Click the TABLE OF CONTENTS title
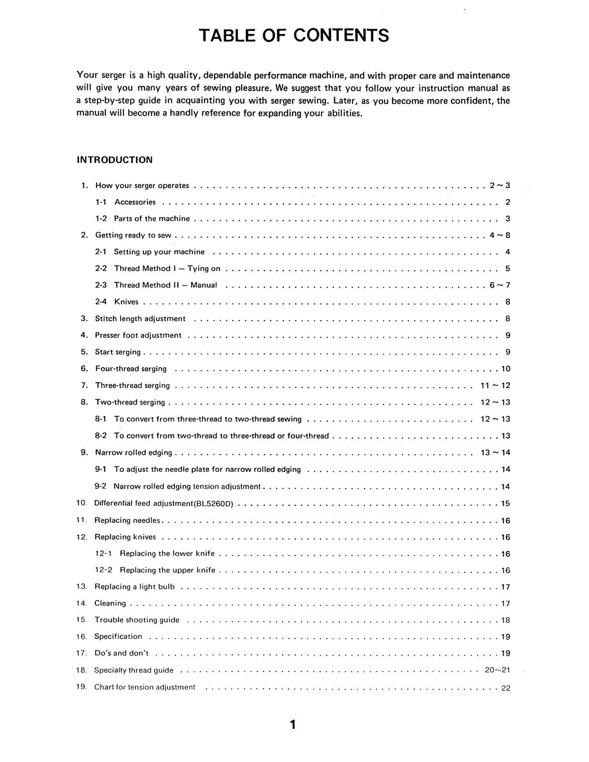[x=294, y=35]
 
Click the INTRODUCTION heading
[x=114, y=160]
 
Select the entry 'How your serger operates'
[x=142, y=186]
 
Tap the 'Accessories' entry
[x=135, y=202]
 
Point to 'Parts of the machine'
[x=152, y=219]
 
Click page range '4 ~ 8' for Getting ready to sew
[x=499, y=235]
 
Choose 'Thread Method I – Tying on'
[x=167, y=269]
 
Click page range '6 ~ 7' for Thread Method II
[x=499, y=285]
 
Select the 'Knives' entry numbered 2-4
[x=126, y=302]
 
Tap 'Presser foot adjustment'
[x=138, y=335]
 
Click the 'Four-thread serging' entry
[x=131, y=369]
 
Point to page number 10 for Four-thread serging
[x=506, y=369]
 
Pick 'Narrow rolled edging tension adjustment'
[x=187, y=486]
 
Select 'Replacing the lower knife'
[x=167, y=553]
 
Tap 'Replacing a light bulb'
[x=134, y=587]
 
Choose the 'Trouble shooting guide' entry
[x=137, y=620]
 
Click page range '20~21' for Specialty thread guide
[x=497, y=670]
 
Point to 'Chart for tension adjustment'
[x=144, y=687]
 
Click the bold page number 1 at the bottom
[x=293, y=725]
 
